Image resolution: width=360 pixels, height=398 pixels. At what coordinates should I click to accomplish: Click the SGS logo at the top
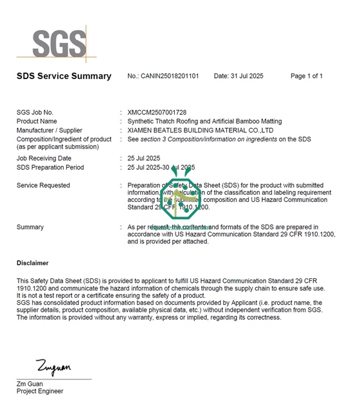[x=59, y=44]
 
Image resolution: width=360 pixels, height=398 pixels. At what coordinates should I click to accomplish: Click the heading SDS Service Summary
[x=64, y=77]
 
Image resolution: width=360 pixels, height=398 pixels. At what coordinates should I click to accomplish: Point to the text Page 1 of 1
[x=307, y=77]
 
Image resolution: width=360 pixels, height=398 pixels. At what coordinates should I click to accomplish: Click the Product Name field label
[x=37, y=122]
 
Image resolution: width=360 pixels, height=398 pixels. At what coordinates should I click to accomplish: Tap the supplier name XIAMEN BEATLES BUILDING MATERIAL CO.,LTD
[x=201, y=131]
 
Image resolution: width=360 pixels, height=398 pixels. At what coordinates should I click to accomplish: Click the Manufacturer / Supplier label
[x=50, y=131]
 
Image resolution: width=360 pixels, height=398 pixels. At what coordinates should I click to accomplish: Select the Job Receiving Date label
[x=44, y=158]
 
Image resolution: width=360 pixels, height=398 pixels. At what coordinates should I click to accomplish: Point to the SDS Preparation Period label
[x=50, y=167]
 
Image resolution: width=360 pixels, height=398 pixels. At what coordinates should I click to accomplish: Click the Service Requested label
[x=43, y=186]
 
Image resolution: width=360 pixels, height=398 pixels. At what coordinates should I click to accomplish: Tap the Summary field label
[x=30, y=227]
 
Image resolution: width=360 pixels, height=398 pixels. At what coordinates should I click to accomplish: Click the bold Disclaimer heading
[x=32, y=263]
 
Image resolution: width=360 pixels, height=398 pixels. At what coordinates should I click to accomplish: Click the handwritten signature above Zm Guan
[x=53, y=368]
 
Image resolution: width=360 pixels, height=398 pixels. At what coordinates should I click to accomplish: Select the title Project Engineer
[x=40, y=391]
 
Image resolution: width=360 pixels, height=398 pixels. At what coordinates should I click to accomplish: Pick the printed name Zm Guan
[x=29, y=384]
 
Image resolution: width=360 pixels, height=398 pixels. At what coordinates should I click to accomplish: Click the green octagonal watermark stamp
[x=180, y=201]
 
